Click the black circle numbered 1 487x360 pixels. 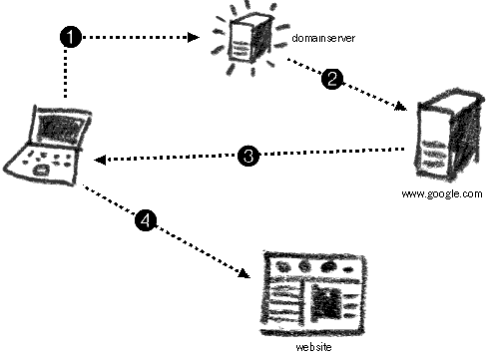[70, 36]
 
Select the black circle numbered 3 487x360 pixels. [250, 155]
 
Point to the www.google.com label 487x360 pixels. [441, 194]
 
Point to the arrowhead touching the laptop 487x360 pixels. [100, 160]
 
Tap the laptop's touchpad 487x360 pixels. [41, 173]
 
